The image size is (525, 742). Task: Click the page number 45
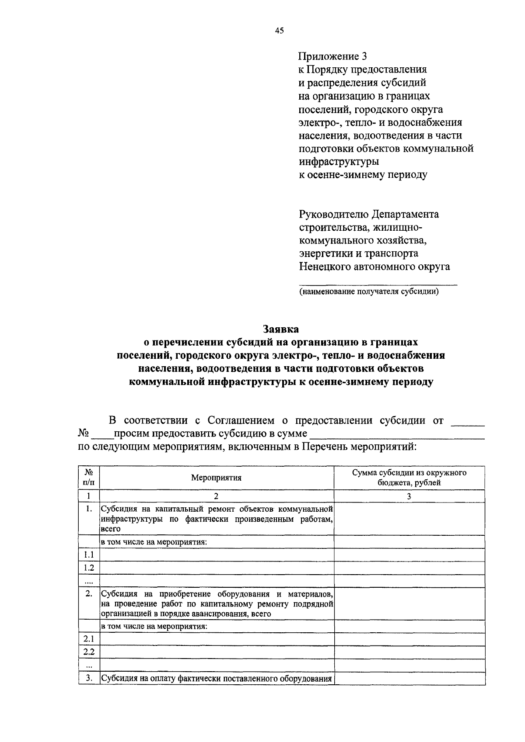tap(280, 30)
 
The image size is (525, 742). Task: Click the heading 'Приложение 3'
tap(332, 56)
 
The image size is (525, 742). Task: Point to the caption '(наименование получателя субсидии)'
tap(369, 292)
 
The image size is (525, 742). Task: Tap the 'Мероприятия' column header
tap(216, 478)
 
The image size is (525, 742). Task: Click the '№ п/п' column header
tap(88, 478)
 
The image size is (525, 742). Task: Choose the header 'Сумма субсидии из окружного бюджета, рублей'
tap(409, 478)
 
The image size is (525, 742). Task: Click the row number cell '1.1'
tap(89, 555)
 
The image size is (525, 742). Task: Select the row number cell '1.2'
tap(89, 568)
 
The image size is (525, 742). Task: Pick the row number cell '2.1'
tap(89, 639)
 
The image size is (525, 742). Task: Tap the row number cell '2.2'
tap(89, 652)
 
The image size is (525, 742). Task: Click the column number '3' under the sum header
tap(409, 496)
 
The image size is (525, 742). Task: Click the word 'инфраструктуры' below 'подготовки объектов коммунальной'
tap(339, 162)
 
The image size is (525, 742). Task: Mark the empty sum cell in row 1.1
tap(409, 555)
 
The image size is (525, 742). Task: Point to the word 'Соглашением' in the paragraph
tap(241, 421)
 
